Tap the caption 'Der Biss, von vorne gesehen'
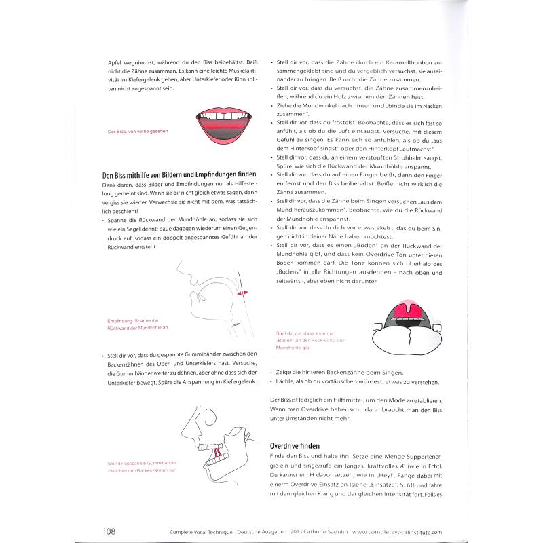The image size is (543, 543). pos(137,132)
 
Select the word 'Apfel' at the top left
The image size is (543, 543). pos(117,62)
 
